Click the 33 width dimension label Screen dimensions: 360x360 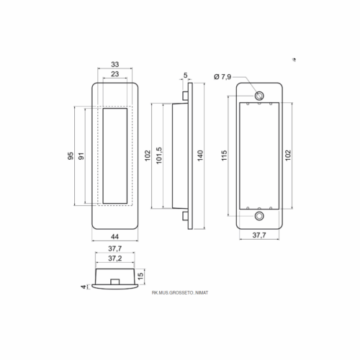(x=115, y=64)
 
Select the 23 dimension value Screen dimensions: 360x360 (x=115, y=74)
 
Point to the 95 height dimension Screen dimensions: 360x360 (x=71, y=156)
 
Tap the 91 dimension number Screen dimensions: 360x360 (x=81, y=156)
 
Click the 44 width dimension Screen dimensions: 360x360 (x=114, y=237)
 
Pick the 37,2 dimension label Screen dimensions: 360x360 (x=115, y=258)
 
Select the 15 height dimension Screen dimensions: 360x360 (x=141, y=275)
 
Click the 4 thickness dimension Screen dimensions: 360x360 (x=84, y=287)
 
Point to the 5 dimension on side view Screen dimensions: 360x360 (x=185, y=75)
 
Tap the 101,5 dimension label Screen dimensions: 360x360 (x=159, y=156)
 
